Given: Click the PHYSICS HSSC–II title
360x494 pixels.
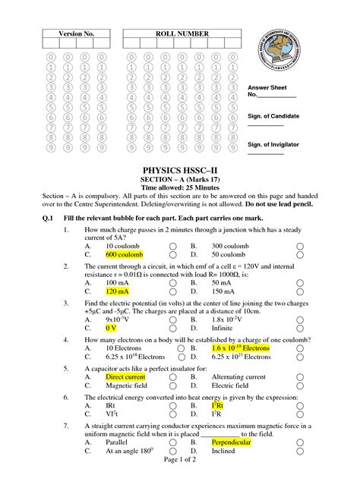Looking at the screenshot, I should (181, 172).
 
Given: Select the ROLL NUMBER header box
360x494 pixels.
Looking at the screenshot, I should (175, 34).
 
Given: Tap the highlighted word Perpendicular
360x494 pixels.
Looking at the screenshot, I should (231, 442).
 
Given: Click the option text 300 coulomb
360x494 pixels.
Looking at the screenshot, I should (231, 247).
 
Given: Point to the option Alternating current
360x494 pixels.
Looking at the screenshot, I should (238, 376).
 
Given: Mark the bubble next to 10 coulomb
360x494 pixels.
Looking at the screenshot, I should (173, 247).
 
